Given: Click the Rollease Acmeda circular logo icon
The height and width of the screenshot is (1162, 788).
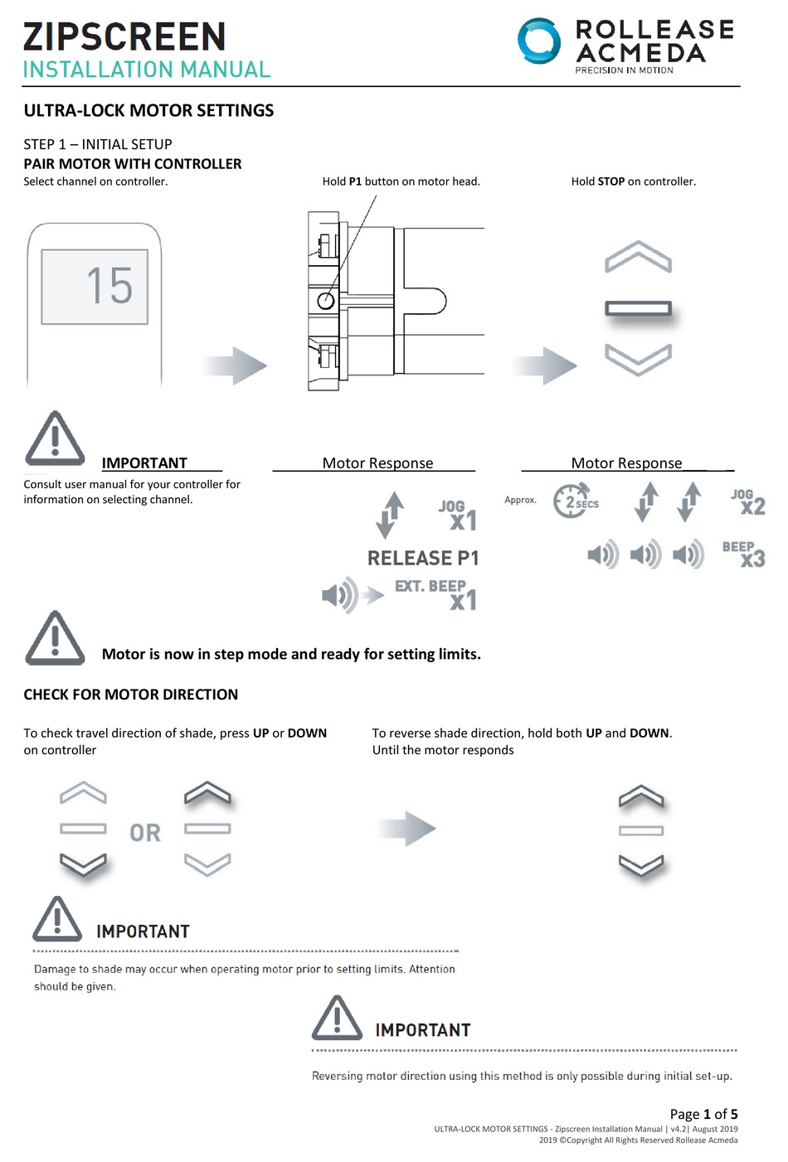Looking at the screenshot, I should point(539,41).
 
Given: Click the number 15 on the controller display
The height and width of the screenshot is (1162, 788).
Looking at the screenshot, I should point(109,286).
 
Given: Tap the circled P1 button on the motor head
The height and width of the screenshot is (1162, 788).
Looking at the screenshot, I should point(326,300).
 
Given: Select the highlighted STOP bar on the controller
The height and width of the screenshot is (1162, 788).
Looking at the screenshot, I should point(638,309).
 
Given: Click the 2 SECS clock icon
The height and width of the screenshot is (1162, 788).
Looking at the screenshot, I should point(572,501).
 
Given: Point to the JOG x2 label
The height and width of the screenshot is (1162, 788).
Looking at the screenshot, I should point(747,501).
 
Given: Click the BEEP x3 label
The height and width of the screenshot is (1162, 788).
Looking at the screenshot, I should point(743,554).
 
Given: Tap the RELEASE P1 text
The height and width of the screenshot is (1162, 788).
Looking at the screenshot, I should point(423,559).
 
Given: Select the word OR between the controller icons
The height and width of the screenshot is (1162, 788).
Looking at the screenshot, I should point(145,833).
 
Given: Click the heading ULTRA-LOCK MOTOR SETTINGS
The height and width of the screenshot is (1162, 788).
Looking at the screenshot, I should point(148,111).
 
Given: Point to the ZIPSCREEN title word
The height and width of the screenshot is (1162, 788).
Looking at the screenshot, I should point(124,36).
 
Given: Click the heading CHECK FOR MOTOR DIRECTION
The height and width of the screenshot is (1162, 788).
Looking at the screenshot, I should point(130,695).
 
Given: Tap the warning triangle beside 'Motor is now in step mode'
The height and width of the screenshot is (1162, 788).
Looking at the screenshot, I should point(55,640).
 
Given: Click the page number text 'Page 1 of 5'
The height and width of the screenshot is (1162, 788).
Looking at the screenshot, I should point(703,1114).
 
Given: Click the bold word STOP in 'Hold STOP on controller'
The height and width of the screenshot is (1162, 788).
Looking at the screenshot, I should point(610,182).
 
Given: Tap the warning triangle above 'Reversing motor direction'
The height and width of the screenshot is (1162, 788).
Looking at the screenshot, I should point(337,1019).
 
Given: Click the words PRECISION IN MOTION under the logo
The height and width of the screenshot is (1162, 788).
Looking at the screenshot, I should point(624,70).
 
